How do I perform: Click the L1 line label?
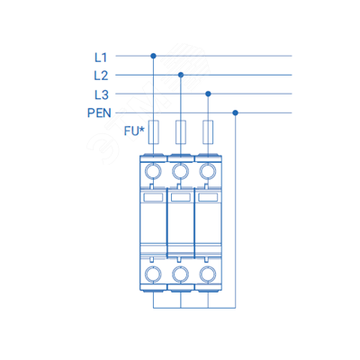tap(101, 58)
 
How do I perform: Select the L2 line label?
tap(101, 76)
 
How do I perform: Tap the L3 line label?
tap(102, 94)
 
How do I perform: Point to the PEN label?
tap(99, 113)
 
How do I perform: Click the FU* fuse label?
tap(134, 131)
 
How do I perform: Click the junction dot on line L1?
tap(153, 56)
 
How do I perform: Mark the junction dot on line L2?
tap(181, 75)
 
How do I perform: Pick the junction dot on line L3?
tap(208, 94)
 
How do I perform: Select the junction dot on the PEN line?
tap(236, 112)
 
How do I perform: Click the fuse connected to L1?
tap(154, 132)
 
